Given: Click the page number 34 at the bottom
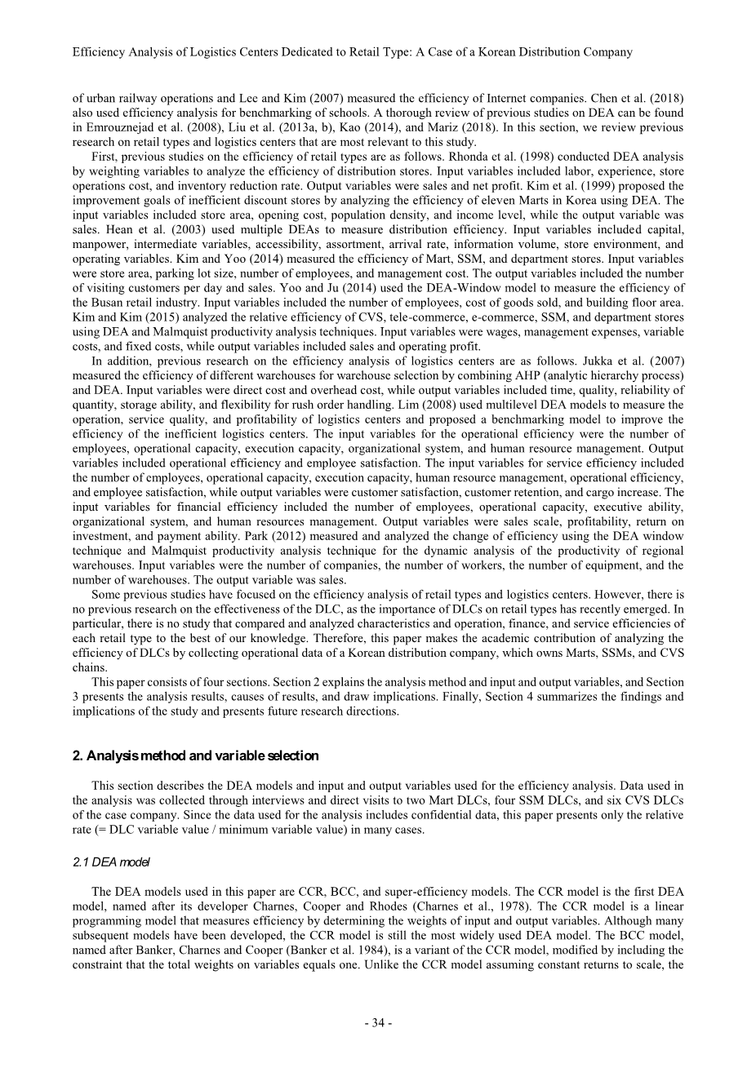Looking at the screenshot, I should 378,1024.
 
